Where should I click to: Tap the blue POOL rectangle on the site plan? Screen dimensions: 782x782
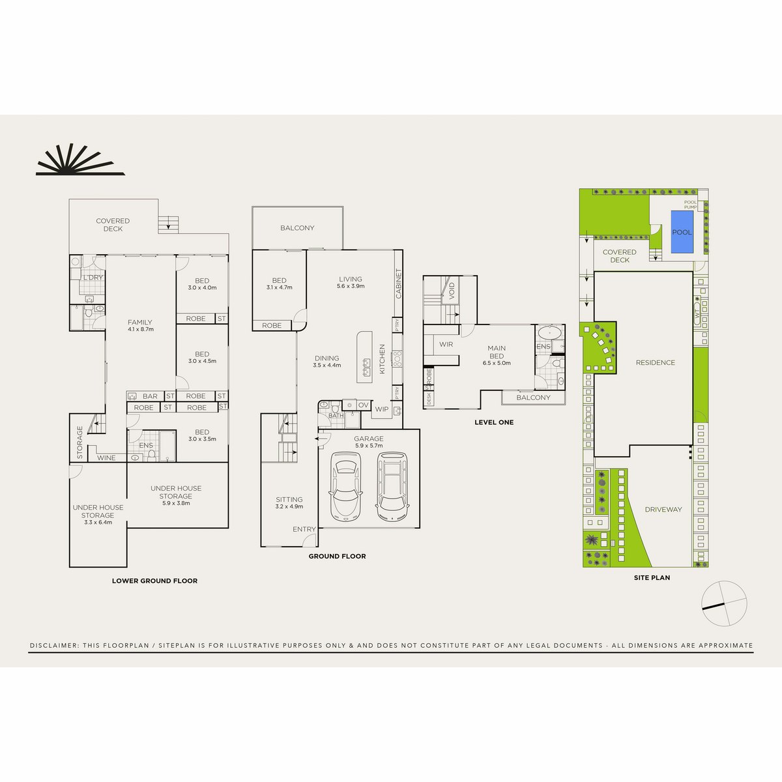pyautogui.click(x=682, y=233)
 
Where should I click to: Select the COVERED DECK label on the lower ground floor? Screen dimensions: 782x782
pyautogui.click(x=113, y=225)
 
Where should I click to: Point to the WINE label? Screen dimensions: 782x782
pyautogui.click(x=106, y=458)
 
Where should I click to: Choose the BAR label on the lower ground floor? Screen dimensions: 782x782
pyautogui.click(x=150, y=396)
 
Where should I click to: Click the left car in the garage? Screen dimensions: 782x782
pyautogui.click(x=345, y=487)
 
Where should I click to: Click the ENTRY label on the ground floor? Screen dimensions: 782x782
pyautogui.click(x=304, y=529)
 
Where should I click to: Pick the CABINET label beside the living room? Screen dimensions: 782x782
pyautogui.click(x=399, y=284)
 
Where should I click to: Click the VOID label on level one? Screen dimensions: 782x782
pyautogui.click(x=452, y=290)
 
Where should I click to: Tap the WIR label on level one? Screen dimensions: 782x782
pyautogui.click(x=446, y=344)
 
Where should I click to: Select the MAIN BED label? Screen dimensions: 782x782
pyautogui.click(x=497, y=352)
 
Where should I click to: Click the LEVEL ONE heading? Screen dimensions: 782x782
pyautogui.click(x=493, y=422)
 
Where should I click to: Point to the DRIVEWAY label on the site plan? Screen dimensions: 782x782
pyautogui.click(x=663, y=510)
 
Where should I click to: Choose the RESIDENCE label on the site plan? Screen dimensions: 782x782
pyautogui.click(x=656, y=363)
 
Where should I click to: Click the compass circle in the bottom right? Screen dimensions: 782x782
pyautogui.click(x=724, y=604)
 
